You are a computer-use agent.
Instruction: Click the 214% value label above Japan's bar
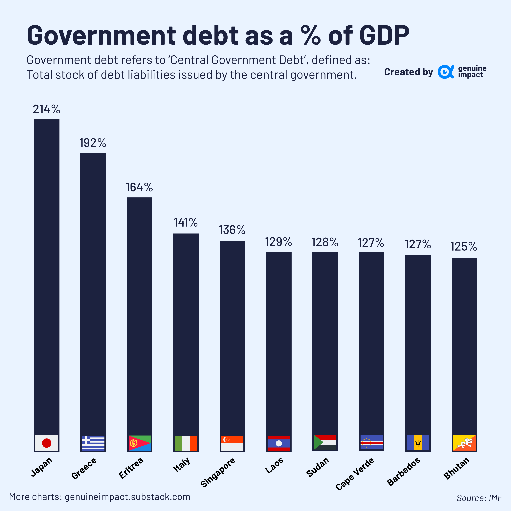click(x=47, y=109)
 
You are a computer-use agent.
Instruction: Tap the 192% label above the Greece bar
click(x=93, y=143)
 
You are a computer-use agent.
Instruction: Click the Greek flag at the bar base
click(x=93, y=443)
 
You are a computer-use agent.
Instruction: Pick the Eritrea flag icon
click(x=139, y=443)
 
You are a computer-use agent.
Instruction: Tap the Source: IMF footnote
click(x=479, y=498)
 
